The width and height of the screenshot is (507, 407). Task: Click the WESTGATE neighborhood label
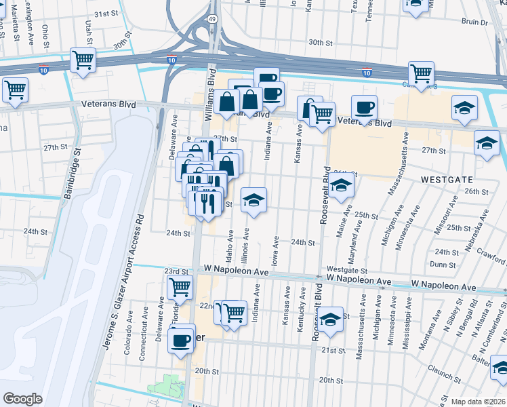446,180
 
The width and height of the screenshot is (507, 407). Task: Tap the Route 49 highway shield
213,19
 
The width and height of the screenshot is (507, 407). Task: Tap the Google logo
22,399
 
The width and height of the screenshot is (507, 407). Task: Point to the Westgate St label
342,269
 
